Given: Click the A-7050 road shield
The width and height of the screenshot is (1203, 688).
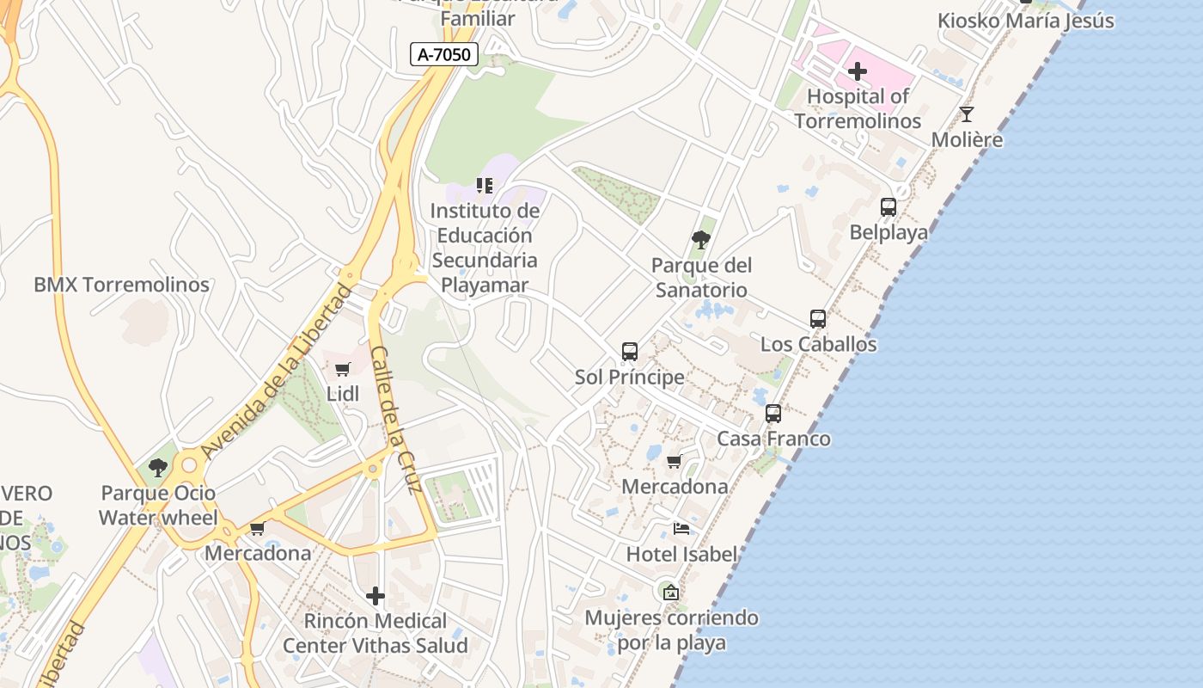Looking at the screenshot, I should [443, 55].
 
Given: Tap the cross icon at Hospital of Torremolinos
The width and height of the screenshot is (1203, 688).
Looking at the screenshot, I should [857, 71].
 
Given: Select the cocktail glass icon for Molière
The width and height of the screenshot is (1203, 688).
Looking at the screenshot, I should [967, 114].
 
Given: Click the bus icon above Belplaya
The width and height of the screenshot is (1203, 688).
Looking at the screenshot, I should [889, 207].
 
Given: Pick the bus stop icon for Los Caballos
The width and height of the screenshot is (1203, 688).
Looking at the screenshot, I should [818, 319].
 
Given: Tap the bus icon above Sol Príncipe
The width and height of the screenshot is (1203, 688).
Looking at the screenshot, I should [630, 352].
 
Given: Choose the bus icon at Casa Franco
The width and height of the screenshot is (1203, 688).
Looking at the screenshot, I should [773, 414].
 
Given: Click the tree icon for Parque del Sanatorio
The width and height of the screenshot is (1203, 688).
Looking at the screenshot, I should [701, 240].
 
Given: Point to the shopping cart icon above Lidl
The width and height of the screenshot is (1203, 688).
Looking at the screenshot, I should [342, 370].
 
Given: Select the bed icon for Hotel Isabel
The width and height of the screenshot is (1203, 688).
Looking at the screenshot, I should [681, 529].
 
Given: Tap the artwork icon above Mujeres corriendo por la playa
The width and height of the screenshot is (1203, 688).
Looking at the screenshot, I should [671, 593].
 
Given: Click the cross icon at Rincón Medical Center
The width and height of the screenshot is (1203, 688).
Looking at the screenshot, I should [376, 596].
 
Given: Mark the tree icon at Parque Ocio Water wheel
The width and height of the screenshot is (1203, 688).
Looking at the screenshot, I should [158, 468].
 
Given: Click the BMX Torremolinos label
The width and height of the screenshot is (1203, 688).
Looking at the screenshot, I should [121, 285].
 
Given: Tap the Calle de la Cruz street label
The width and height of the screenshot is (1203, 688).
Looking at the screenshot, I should [395, 420].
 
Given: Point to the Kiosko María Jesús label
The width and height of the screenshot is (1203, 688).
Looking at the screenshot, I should [1025, 21].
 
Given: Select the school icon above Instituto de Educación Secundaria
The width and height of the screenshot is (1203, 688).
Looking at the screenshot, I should [485, 186].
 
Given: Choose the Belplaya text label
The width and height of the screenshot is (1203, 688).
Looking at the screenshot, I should [889, 232].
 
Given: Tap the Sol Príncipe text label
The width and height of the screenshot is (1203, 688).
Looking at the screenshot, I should [630, 377].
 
